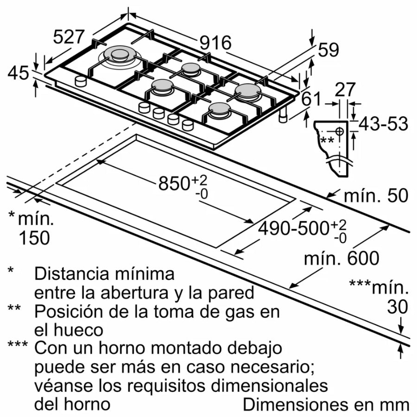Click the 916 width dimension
coord(215,43)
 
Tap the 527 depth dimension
coord(69,37)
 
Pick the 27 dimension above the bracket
coord(345,89)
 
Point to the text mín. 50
coord(375,196)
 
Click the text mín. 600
coord(341,258)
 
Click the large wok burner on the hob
coord(119,55)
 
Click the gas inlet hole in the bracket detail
coord(339,131)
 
